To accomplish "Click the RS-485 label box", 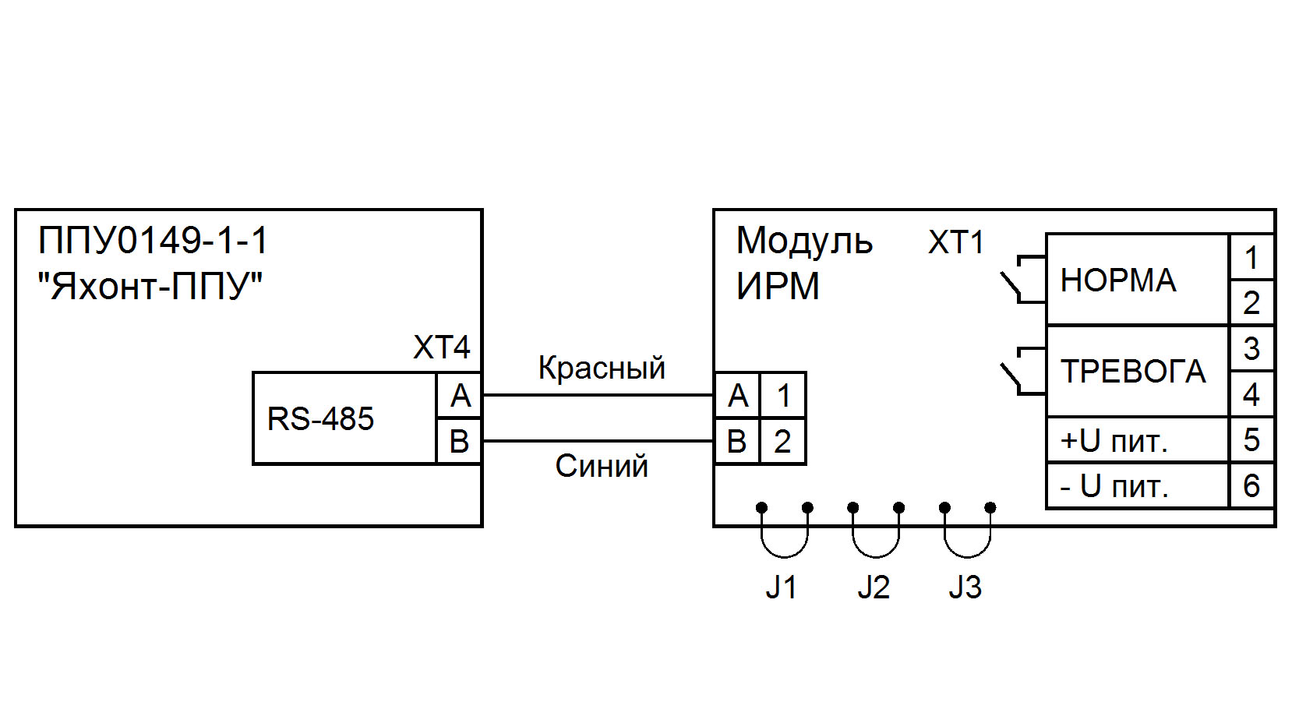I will tap(344, 418).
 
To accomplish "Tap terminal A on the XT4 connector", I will tap(460, 396).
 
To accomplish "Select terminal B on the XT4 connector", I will tap(460, 442).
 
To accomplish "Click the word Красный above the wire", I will tap(602, 368).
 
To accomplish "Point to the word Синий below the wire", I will tap(602, 466).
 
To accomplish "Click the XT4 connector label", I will tap(441, 347).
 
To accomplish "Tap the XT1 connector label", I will tap(955, 242).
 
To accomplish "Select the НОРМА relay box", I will tap(1136, 280).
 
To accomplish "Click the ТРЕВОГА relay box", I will tap(1136, 371).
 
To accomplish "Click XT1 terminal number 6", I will tap(1251, 486).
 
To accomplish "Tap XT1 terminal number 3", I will tap(1251, 348).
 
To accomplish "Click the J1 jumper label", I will tap(782, 587).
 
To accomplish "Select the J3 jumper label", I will tap(965, 587).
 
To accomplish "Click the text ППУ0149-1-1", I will tap(154, 240).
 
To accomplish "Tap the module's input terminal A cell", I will tap(737, 396).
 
